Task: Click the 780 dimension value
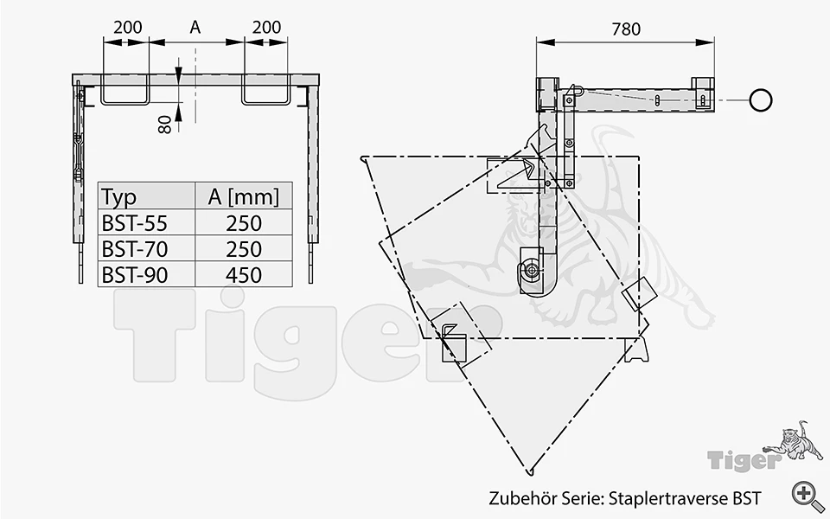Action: point(626,29)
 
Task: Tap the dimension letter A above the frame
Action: point(195,27)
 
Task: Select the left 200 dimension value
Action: point(128,27)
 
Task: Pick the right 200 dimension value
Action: point(266,27)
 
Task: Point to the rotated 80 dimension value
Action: point(164,125)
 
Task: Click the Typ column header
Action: point(119,197)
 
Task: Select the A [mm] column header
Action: point(244,197)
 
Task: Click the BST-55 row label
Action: point(135,223)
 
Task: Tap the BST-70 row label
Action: point(135,249)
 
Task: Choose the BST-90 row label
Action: point(135,275)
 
